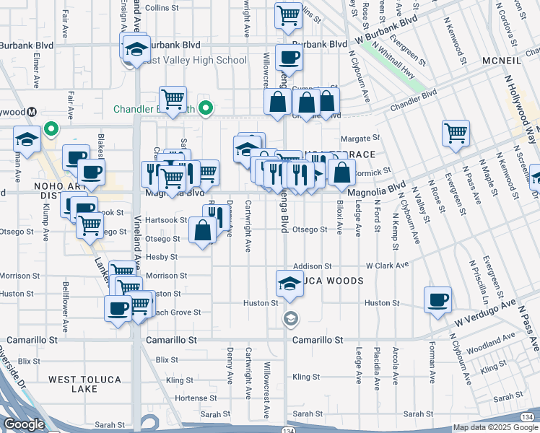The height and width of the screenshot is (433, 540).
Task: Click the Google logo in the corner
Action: tap(24, 424)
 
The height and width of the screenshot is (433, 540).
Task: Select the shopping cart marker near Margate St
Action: tap(456, 132)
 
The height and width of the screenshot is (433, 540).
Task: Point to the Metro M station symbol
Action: tap(32, 112)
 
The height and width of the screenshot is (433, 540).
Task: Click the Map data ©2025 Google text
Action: tap(495, 427)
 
